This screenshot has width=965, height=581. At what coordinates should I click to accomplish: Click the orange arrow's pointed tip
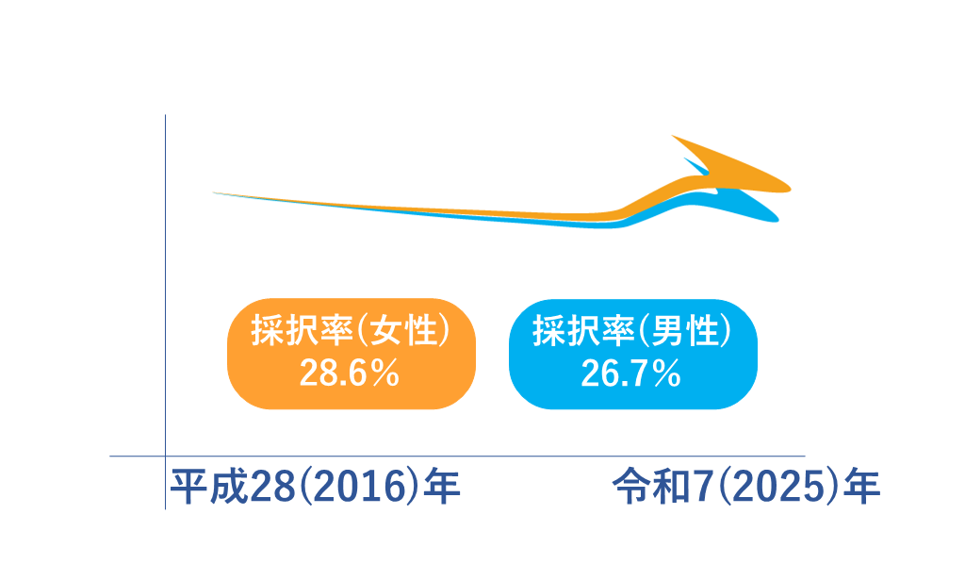tap(790, 189)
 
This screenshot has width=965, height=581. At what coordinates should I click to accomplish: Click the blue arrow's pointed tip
tap(777, 219)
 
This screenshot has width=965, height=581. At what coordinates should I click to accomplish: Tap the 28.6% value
tap(350, 373)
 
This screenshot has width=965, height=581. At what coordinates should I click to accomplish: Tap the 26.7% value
tap(630, 373)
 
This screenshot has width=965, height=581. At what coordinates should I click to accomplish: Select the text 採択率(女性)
tap(351, 330)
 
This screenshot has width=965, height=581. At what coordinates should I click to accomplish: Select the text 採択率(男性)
tap(632, 330)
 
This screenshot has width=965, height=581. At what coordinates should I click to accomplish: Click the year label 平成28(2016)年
tap(315, 486)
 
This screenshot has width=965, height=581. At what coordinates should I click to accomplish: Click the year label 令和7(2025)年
tap(746, 486)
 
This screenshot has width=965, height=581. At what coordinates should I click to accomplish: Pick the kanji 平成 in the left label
tap(208, 486)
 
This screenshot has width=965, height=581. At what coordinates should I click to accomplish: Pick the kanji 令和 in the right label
tap(651, 486)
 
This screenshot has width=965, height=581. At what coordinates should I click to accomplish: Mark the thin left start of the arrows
tap(214, 192)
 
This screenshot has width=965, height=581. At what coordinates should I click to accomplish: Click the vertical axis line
tap(165, 312)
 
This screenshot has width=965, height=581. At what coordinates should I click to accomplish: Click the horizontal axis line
tap(457, 456)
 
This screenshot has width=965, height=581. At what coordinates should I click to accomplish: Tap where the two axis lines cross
tap(165, 456)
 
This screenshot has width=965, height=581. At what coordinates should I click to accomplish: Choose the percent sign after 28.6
tap(385, 374)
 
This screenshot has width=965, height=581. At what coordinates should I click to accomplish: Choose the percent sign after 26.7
tap(667, 374)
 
